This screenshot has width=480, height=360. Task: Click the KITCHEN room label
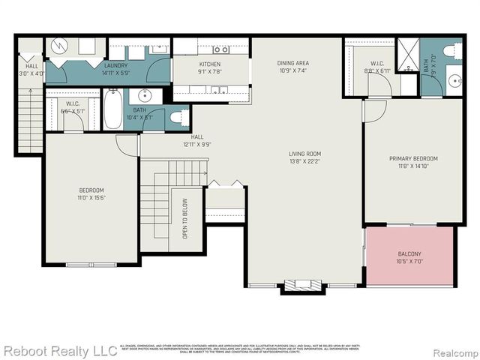[210, 64]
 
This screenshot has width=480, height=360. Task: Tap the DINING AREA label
[293, 63]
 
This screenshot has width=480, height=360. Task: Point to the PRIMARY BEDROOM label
[413, 158]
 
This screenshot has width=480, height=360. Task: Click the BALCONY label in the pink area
[409, 253]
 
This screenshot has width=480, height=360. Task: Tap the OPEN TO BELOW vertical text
[184, 220]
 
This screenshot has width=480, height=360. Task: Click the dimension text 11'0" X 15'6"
[91, 198]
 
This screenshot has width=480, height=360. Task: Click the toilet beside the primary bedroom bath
[452, 50]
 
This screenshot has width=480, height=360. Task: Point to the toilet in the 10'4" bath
[177, 117]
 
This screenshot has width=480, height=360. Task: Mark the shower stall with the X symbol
[408, 55]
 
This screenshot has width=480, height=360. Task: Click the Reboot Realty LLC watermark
[60, 350]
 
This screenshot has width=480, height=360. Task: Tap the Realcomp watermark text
[453, 351]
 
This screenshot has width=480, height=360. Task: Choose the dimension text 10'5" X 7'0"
[409, 262]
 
